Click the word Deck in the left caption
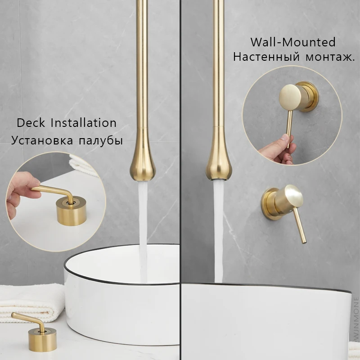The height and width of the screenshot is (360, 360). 31,122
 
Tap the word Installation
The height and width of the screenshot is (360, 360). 84,122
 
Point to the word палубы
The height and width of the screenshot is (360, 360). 100,140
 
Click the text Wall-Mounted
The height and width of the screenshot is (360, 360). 293,42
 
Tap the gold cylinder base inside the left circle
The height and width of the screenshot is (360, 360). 71,211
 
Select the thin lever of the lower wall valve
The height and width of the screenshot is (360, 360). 300,226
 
